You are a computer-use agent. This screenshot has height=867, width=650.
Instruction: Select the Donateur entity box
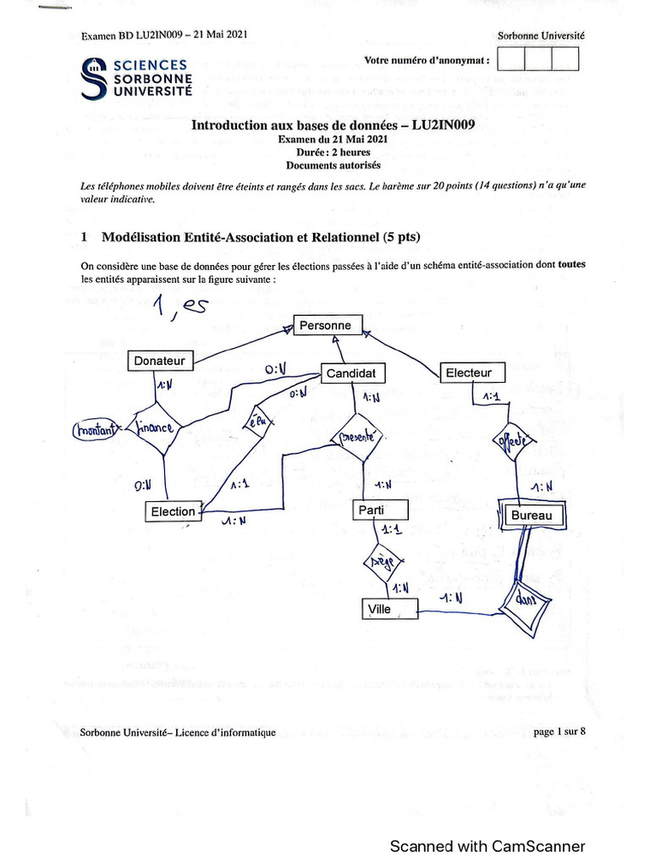click(160, 361)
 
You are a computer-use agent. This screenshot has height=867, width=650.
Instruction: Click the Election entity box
click(174, 511)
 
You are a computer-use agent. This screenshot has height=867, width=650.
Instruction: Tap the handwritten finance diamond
click(155, 429)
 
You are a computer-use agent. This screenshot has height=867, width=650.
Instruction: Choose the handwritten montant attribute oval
click(97, 430)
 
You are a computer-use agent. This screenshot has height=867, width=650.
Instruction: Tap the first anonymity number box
click(512, 59)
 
